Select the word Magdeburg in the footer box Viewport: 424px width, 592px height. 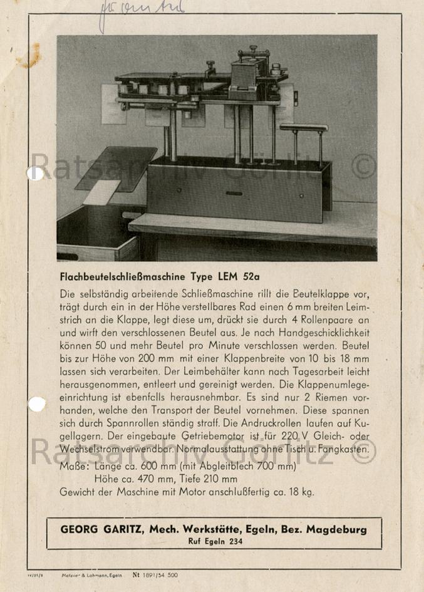tap(336, 529)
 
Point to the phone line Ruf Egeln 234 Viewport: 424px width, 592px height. tap(215, 541)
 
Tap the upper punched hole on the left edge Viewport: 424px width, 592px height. tap(35, 173)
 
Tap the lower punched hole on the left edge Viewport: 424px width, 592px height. tap(37, 404)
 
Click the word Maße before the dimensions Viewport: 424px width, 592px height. tap(74, 467)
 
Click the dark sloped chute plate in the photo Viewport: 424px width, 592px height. tap(116, 167)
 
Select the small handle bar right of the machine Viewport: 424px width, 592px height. tap(304, 128)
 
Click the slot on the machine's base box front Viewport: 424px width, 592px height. tap(234, 193)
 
